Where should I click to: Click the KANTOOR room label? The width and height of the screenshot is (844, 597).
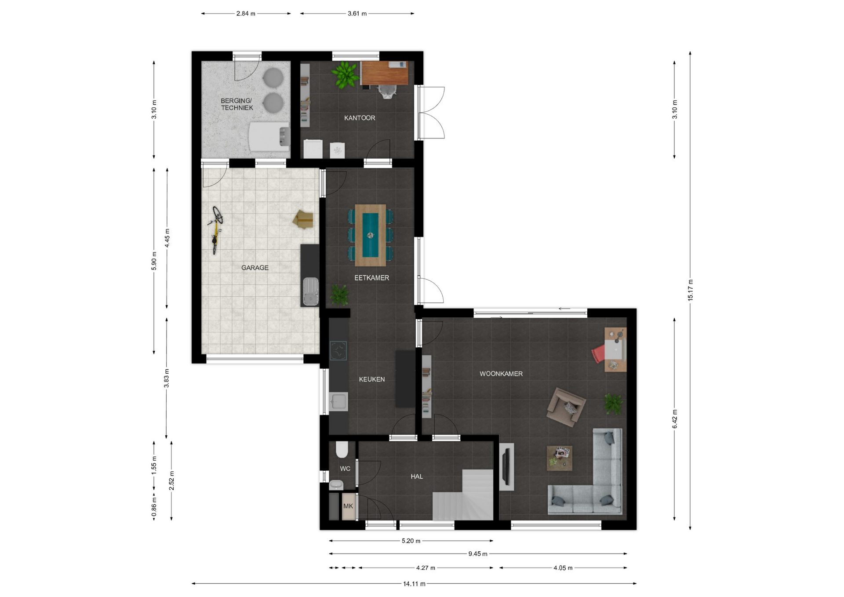click(360, 118)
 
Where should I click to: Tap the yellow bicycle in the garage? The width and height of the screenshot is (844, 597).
click(216, 230)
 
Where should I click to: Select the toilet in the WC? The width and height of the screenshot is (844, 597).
click(342, 450)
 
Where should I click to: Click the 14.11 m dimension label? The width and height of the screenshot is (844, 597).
click(414, 584)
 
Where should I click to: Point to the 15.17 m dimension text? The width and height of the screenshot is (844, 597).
click(690, 290)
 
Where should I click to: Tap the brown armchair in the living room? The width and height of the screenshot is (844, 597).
click(566, 407)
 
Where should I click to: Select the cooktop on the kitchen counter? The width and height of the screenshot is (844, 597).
click(338, 351)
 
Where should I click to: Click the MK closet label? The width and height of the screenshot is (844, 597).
click(348, 506)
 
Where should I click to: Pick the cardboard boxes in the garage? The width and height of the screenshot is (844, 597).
click(303, 219)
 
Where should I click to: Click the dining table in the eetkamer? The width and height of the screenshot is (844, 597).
click(371, 235)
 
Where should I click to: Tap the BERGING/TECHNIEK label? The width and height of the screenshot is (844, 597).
click(237, 104)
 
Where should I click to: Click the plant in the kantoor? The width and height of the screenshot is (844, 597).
click(345, 74)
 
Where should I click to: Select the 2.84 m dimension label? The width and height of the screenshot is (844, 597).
click(246, 14)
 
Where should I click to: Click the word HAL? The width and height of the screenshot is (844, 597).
click(417, 476)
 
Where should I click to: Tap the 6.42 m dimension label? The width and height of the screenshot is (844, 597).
click(675, 419)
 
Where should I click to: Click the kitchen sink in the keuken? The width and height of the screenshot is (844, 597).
click(338, 402)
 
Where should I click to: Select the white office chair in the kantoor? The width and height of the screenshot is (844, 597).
click(387, 91)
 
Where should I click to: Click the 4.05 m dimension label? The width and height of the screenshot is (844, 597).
click(563, 568)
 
